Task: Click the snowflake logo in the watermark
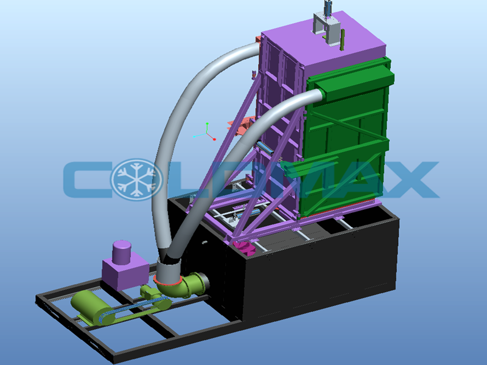tap(136, 179)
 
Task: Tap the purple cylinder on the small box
tap(121, 252)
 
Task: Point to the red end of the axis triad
tap(214, 139)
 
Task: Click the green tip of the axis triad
tap(207, 124)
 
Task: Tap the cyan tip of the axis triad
tap(194, 136)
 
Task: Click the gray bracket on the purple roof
tap(327, 29)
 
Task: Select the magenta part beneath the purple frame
tap(245, 248)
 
